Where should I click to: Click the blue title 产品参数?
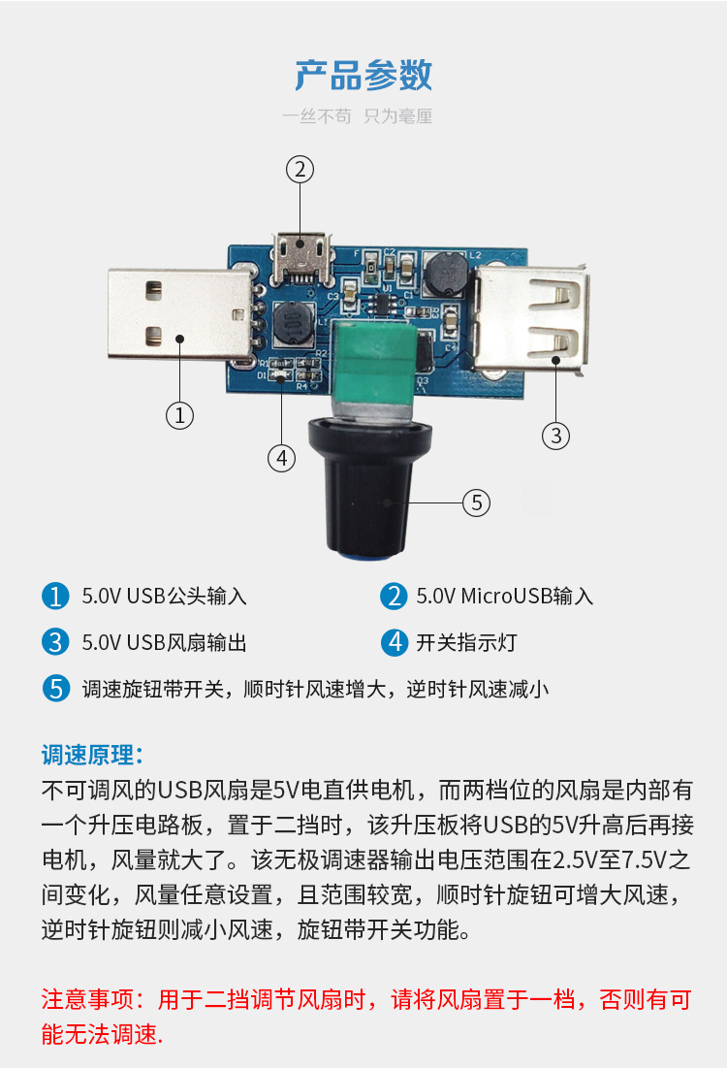(363, 75)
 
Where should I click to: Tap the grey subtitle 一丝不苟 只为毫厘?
(358, 116)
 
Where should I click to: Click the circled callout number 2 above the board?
(300, 169)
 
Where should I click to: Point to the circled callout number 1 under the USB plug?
(180, 415)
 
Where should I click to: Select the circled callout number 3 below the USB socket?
(556, 436)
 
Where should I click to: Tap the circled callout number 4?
(281, 458)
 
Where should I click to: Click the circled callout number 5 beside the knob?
(476, 503)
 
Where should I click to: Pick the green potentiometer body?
(374, 365)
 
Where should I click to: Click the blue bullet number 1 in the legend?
(55, 596)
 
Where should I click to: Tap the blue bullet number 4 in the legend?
(394, 642)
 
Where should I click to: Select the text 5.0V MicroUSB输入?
(505, 597)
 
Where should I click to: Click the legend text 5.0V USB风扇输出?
(164, 643)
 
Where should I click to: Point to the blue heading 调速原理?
(92, 755)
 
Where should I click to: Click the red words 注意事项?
(87, 999)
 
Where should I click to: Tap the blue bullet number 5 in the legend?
(55, 689)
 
